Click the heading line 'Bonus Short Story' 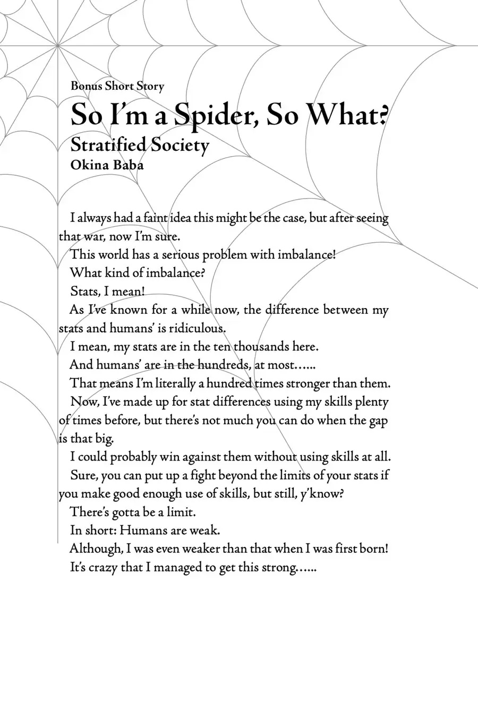click(x=117, y=86)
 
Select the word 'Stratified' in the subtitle click(x=108, y=145)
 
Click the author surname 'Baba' click(x=127, y=165)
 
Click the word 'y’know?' click(x=322, y=494)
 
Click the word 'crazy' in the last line click(x=103, y=567)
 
